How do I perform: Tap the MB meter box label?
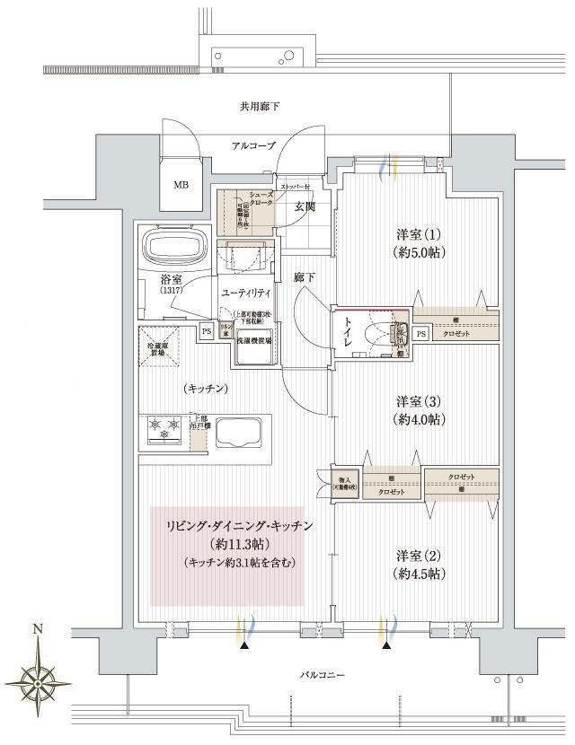point(181,186)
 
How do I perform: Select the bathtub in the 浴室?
point(176,247)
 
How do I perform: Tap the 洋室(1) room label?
point(420,241)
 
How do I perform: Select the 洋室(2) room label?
point(420,564)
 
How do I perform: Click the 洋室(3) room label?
point(420,409)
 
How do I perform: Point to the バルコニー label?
point(321,675)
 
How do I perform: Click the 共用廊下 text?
point(259,107)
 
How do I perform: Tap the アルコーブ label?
point(252,145)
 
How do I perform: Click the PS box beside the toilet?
point(421,334)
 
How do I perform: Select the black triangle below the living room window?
point(243,644)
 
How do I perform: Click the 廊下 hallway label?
point(305,278)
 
